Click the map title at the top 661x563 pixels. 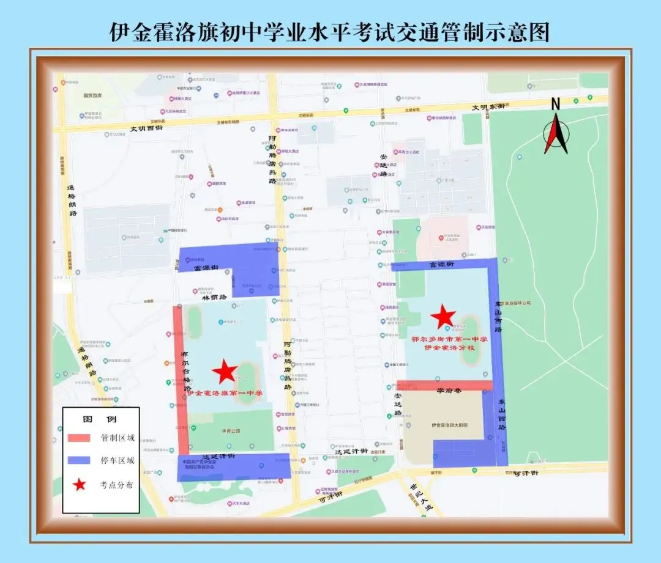330,31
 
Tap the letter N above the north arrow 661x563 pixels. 556,103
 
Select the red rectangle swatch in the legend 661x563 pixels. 78,438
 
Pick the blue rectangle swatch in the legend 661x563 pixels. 78,461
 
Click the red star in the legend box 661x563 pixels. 78,485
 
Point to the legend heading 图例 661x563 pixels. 100,420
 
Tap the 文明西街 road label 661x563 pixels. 146,128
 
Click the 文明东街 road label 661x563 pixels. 488,107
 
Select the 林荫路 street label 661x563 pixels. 214,297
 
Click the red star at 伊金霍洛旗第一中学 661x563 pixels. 225,371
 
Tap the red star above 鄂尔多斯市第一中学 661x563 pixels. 443,317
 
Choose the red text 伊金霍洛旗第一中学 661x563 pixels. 225,393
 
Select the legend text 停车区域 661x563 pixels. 118,461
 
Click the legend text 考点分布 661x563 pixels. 118,485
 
